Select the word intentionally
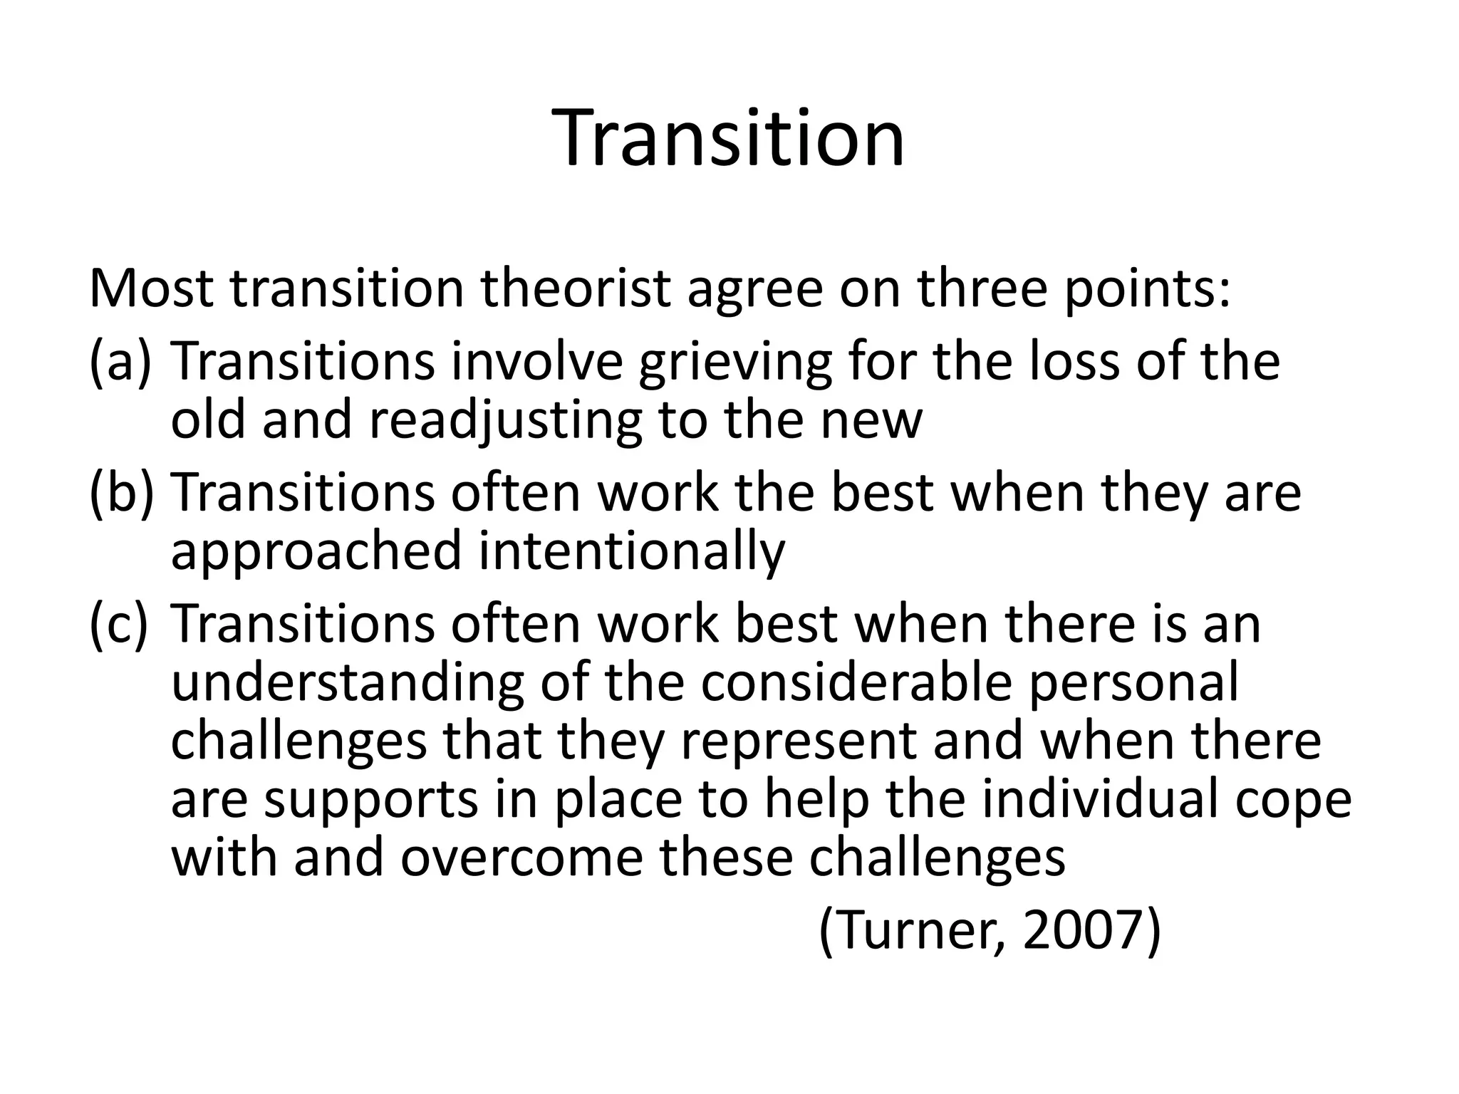pyautogui.click(x=631, y=552)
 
